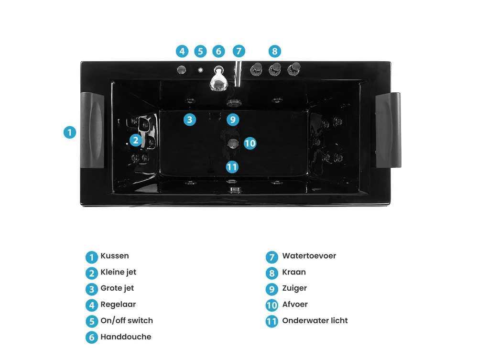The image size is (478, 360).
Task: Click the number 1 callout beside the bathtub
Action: [70, 132]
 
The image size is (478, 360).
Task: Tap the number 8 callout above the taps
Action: [275, 51]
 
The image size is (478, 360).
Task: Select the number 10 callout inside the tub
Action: [250, 143]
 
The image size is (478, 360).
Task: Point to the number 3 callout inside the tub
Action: [190, 120]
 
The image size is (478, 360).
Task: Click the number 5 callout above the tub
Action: [200, 51]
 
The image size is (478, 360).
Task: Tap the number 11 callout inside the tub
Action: [232, 167]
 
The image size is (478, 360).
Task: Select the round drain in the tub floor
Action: [233, 143]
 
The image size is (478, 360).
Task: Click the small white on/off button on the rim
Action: [200, 70]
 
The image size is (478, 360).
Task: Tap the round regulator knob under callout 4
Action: [181, 70]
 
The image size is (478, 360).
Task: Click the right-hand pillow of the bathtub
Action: [388, 130]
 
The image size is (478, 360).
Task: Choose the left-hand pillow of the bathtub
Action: [92, 130]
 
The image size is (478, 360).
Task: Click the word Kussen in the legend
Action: [115, 256]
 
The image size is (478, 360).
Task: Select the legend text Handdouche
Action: [126, 337]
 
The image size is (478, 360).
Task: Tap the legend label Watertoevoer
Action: [309, 256]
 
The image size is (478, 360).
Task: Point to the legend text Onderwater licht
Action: [315, 321]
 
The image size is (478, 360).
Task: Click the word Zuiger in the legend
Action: [294, 288]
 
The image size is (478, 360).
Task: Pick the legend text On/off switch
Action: [127, 321]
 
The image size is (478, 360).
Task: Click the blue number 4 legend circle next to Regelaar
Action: [91, 305]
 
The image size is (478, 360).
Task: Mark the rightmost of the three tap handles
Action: [294, 69]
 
